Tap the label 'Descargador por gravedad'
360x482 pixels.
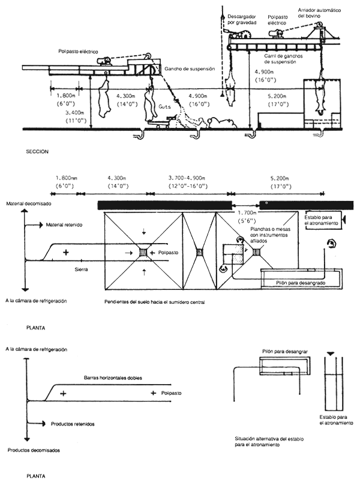(x=242, y=18)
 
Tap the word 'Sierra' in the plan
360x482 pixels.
(x=74, y=270)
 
